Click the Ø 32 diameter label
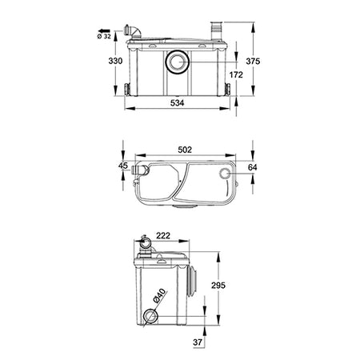(x=110, y=34)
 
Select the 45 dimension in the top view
(x=122, y=166)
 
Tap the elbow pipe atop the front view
(x=138, y=31)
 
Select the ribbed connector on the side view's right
(x=194, y=284)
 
